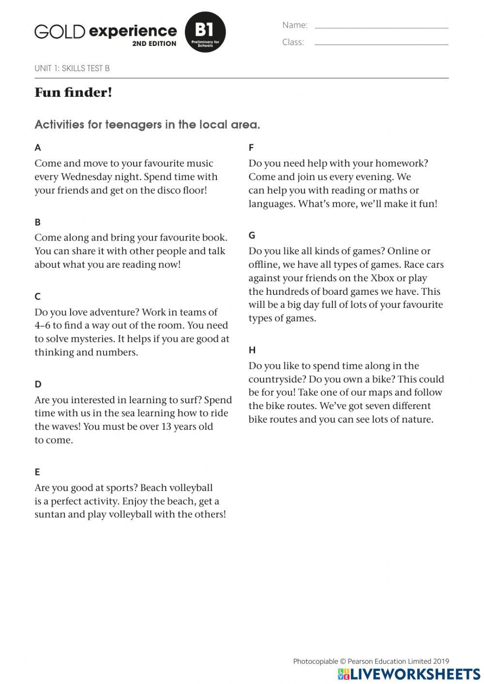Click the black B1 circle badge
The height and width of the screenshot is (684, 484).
coord(205,32)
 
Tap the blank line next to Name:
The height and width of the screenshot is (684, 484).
coord(381,27)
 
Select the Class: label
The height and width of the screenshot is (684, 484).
coord(293,42)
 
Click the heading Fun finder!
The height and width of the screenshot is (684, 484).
coord(73,92)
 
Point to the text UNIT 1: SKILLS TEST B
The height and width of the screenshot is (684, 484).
coord(72,68)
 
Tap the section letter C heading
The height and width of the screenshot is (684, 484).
coord(38,296)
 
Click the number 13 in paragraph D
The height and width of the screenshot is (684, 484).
coord(167,426)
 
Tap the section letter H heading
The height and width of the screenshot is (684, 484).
coord(252,350)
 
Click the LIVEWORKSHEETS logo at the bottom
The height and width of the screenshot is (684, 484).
coord(409,674)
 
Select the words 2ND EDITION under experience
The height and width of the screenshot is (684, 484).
coord(154,44)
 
